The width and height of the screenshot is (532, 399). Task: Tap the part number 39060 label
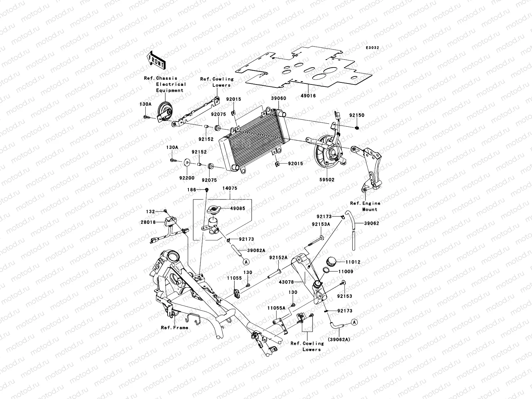(x=278, y=99)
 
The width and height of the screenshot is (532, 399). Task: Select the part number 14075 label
(x=230, y=188)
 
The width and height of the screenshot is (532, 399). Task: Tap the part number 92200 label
(x=187, y=178)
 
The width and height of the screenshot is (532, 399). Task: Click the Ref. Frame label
(x=175, y=328)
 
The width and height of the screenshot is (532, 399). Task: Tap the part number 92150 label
(x=356, y=115)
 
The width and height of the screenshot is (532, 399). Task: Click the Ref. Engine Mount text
(x=365, y=206)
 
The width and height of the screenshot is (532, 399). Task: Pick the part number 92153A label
(x=321, y=224)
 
